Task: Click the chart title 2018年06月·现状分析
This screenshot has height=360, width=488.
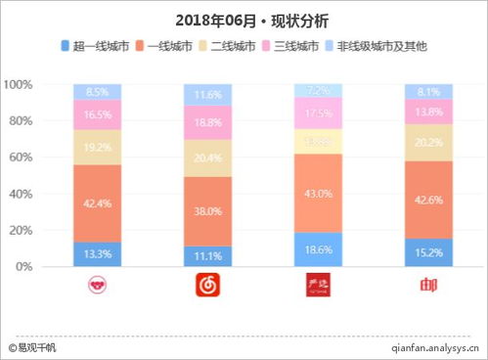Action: tap(244, 20)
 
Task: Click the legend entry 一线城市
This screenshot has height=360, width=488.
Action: tap(175, 46)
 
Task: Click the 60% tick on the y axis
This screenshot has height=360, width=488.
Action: tap(22, 157)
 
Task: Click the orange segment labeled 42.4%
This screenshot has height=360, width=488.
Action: tap(98, 202)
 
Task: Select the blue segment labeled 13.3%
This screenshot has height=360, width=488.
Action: tap(98, 254)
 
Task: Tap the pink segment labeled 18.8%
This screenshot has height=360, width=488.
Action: tap(208, 122)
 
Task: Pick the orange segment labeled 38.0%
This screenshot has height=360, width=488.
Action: tap(208, 210)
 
